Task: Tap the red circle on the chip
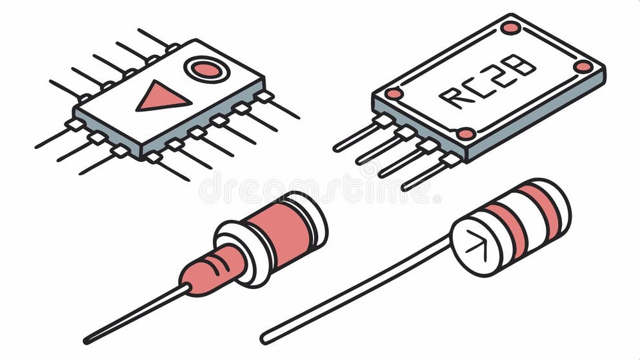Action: [206, 70]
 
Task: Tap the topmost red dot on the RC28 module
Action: [510, 28]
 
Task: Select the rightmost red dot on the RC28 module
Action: [583, 66]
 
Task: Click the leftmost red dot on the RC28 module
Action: [394, 94]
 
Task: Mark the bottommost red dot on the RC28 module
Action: [465, 134]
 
